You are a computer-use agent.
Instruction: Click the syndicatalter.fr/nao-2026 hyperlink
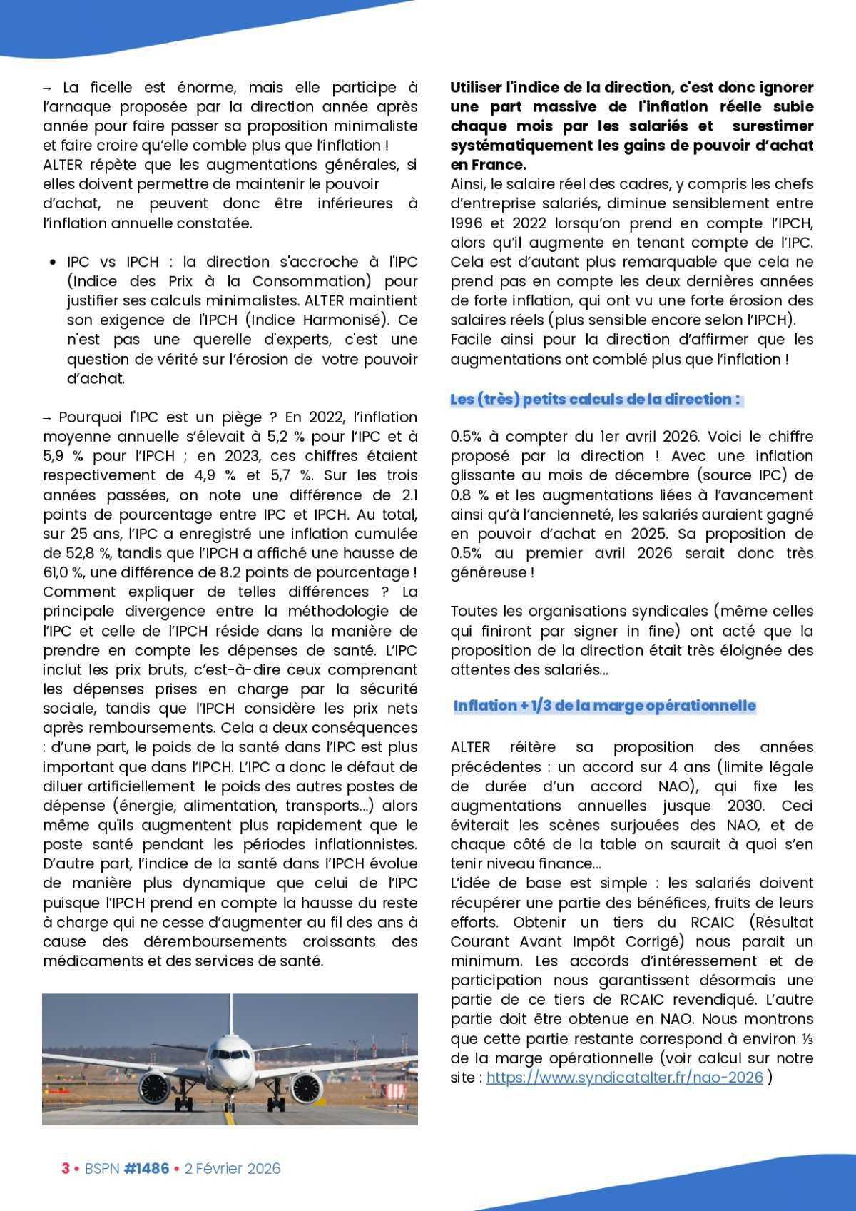coord(624,1078)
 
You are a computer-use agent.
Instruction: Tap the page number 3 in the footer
coord(66,1169)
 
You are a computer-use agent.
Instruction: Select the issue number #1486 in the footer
coord(146,1169)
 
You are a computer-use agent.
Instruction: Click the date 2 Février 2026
coord(233,1169)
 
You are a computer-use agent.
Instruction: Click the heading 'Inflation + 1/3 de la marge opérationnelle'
coord(604,706)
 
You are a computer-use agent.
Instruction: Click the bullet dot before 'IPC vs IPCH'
coord(53,263)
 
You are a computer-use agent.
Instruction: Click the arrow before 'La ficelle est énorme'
coord(48,88)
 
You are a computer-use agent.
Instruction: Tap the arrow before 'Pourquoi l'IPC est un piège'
coord(48,417)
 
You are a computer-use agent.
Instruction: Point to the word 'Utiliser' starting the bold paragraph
coord(474,88)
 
